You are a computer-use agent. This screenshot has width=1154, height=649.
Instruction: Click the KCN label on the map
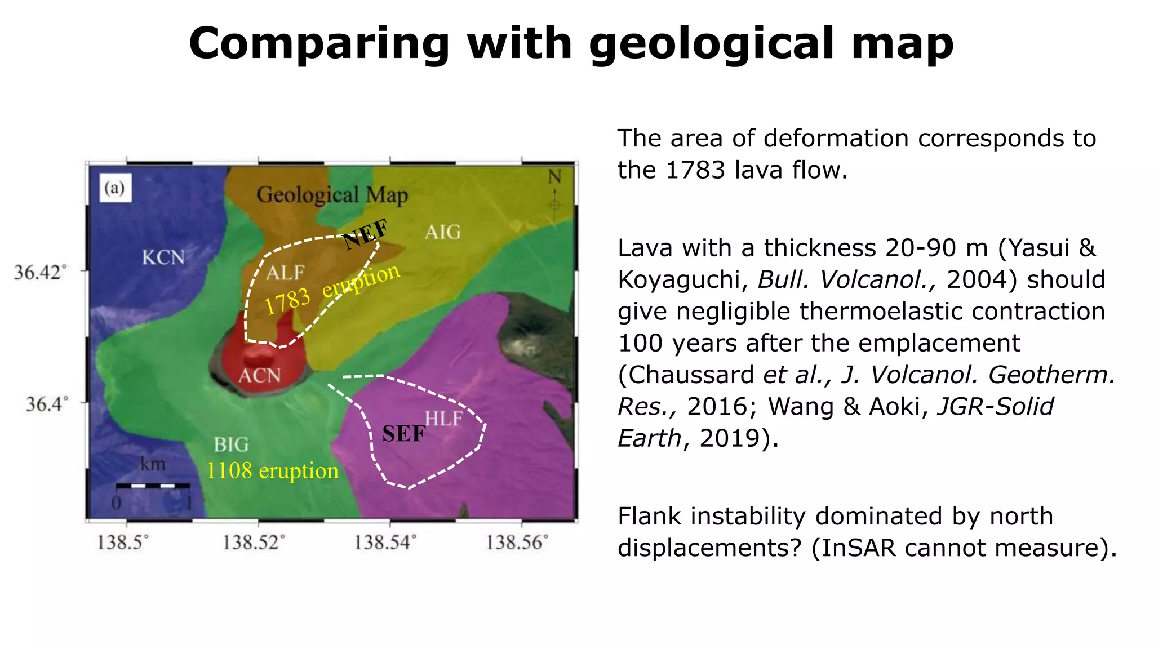coord(163,257)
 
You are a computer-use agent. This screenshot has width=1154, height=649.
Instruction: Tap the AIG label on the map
coord(443,232)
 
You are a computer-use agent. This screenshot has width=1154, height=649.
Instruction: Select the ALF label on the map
coord(285,273)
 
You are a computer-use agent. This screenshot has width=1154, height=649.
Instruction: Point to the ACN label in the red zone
coord(259,375)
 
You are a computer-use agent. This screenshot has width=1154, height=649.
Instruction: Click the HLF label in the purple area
coord(444,418)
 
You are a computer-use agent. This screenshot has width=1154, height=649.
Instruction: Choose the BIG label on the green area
coord(231,444)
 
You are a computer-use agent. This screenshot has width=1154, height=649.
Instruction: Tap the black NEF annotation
coord(366,233)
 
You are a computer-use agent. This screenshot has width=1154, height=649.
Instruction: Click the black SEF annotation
coord(404,434)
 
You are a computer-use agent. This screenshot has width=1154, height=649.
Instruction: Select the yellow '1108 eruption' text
coord(273,470)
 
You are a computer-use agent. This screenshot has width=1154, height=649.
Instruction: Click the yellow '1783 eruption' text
coord(332,288)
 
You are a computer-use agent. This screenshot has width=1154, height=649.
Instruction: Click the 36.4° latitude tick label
coord(47,403)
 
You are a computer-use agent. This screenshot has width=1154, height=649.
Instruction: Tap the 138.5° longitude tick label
coord(123,542)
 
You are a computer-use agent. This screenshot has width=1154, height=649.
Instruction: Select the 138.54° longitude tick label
coord(385,542)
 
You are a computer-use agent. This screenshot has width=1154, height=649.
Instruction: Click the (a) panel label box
coord(116,188)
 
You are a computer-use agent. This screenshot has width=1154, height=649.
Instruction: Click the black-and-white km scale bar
coord(152,485)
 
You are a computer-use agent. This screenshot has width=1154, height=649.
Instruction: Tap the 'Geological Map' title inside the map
coord(332,195)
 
